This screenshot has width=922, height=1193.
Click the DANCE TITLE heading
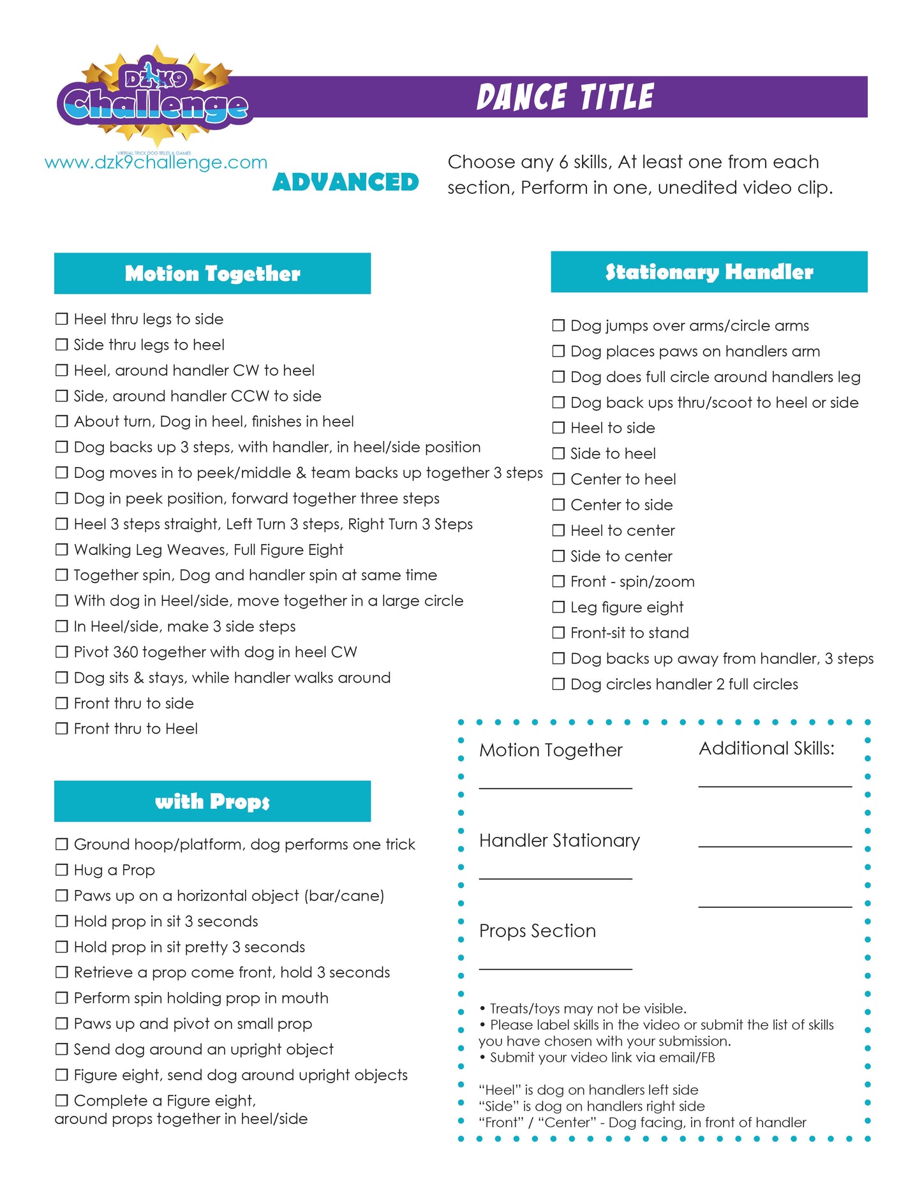pyautogui.click(x=565, y=97)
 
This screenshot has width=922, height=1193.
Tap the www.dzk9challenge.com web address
pyautogui.click(x=156, y=163)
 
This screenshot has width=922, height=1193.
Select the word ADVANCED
pyautogui.click(x=345, y=182)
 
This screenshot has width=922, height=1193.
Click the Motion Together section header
pyautogui.click(x=212, y=274)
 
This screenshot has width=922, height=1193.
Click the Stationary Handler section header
pyautogui.click(x=708, y=272)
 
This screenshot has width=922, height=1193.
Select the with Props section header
pyautogui.click(x=212, y=801)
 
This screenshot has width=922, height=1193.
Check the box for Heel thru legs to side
pyautogui.click(x=62, y=319)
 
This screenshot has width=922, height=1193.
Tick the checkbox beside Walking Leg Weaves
pyautogui.click(x=62, y=549)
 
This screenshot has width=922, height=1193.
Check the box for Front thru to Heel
pyautogui.click(x=62, y=729)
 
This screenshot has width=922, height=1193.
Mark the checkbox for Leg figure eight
pyautogui.click(x=558, y=607)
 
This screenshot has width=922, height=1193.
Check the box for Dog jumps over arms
pyautogui.click(x=558, y=326)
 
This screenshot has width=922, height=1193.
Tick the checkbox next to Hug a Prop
pyautogui.click(x=62, y=870)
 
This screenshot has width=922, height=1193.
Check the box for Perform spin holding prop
pyautogui.click(x=62, y=998)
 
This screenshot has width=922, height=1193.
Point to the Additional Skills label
pyautogui.click(x=766, y=748)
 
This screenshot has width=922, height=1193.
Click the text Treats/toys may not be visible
pyautogui.click(x=588, y=1009)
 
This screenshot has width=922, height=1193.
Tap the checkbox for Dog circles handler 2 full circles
pyautogui.click(x=558, y=685)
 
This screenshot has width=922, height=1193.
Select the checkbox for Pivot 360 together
pyautogui.click(x=62, y=652)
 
